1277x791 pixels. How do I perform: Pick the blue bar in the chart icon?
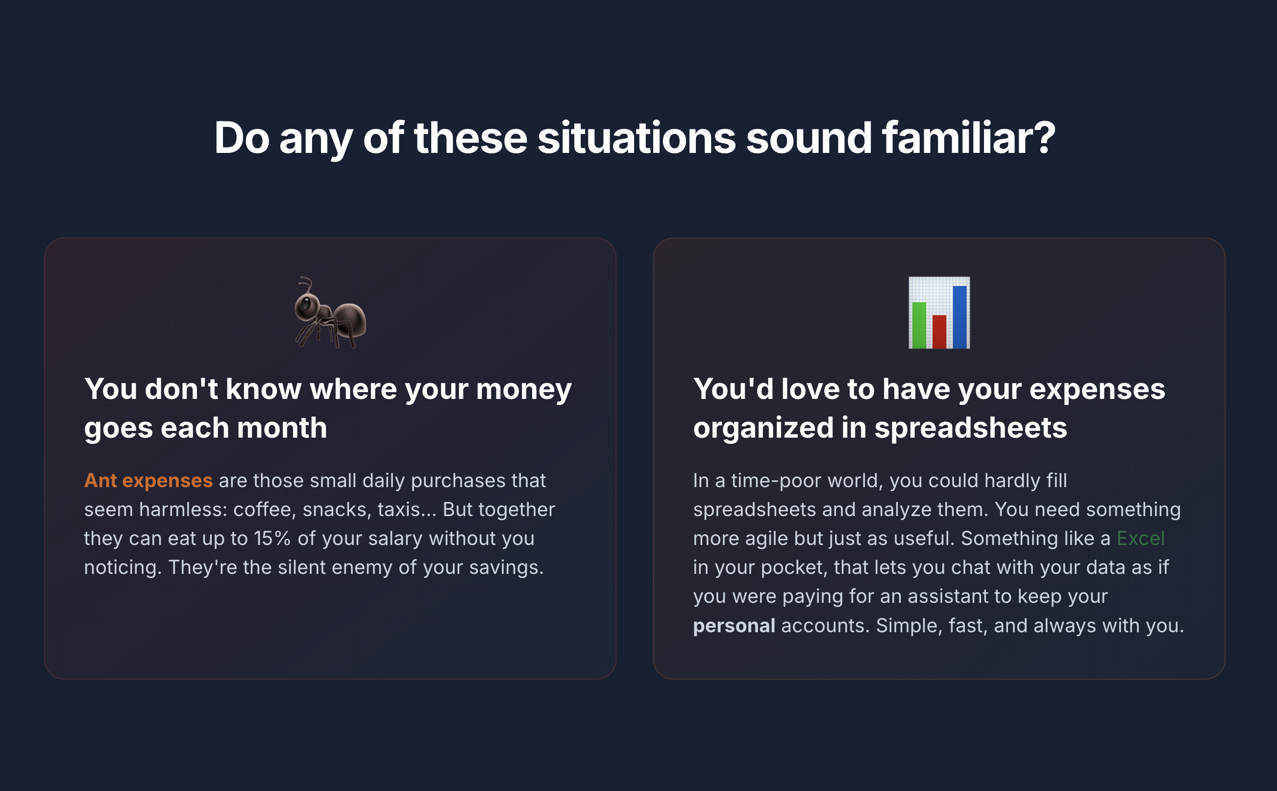coord(959,317)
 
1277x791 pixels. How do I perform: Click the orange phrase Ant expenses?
coord(148,480)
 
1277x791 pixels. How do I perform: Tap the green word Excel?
coord(1140,538)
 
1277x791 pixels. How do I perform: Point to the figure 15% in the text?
coord(272,538)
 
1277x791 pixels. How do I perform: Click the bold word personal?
coord(734,626)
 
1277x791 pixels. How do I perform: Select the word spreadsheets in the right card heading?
coord(971,428)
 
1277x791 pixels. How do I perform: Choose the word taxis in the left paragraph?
coord(399,510)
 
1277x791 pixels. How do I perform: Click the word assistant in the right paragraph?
coord(947,596)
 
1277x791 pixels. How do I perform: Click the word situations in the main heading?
coord(637,138)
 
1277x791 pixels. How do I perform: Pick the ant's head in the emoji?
coord(306,305)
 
